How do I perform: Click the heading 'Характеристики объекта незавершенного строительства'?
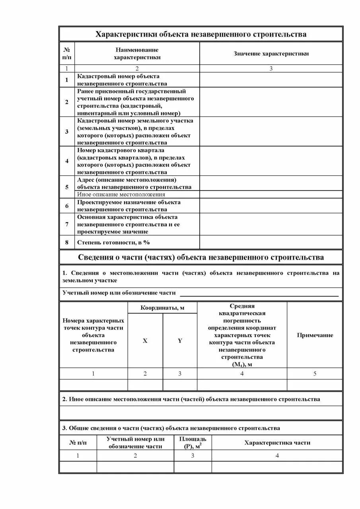pos(200,34)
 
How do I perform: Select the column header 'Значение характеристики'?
pos(271,54)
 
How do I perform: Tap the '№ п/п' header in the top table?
pos(67,54)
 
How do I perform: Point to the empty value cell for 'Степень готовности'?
pos(271,242)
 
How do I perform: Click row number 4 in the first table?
pos(67,161)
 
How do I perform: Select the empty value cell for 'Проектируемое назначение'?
pos(271,206)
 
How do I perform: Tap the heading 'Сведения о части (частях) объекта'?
pos(200,257)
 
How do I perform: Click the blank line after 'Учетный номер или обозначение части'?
pos(259,293)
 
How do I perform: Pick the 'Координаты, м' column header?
pos(162,308)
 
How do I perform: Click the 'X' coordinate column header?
pos(145,341)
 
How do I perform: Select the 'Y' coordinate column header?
pos(180,341)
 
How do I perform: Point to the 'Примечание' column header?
pos(315,335)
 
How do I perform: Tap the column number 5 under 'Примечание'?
pos(315,373)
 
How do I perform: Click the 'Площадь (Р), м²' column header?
pos(193,443)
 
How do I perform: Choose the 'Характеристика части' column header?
pos(277,443)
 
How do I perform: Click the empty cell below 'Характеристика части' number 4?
pos(277,467)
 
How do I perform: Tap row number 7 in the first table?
pos(67,224)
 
